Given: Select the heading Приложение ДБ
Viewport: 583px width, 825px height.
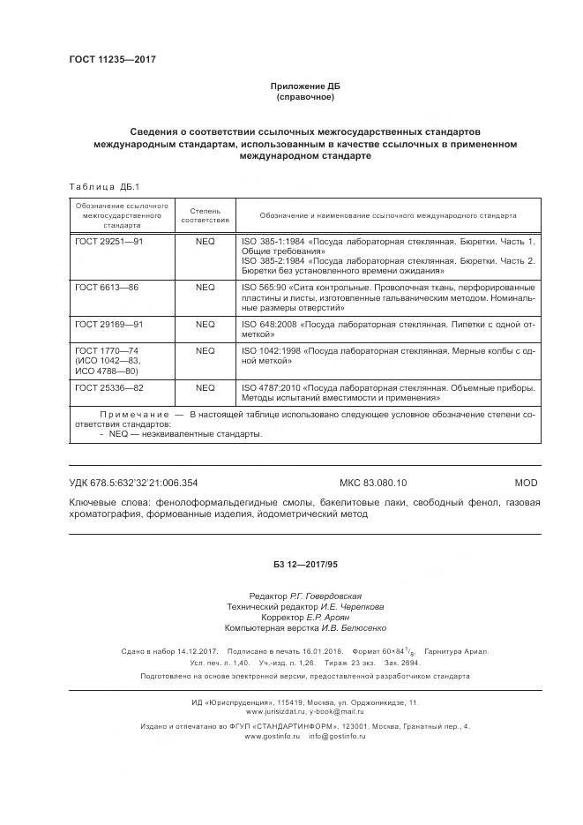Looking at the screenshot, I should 304,86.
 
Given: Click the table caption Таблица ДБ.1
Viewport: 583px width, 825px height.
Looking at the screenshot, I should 98,186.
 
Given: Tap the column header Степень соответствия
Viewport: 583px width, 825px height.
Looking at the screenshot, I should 205,214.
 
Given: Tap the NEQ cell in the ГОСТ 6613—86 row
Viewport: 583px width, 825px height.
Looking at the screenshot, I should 205,288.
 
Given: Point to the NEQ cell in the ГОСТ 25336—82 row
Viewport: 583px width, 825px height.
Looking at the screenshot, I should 205,387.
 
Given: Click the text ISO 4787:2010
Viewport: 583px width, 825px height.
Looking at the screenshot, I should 270,387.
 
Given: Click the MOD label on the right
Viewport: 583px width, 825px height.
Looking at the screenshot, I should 525,483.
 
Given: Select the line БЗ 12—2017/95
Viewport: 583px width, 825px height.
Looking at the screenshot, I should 304,562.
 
